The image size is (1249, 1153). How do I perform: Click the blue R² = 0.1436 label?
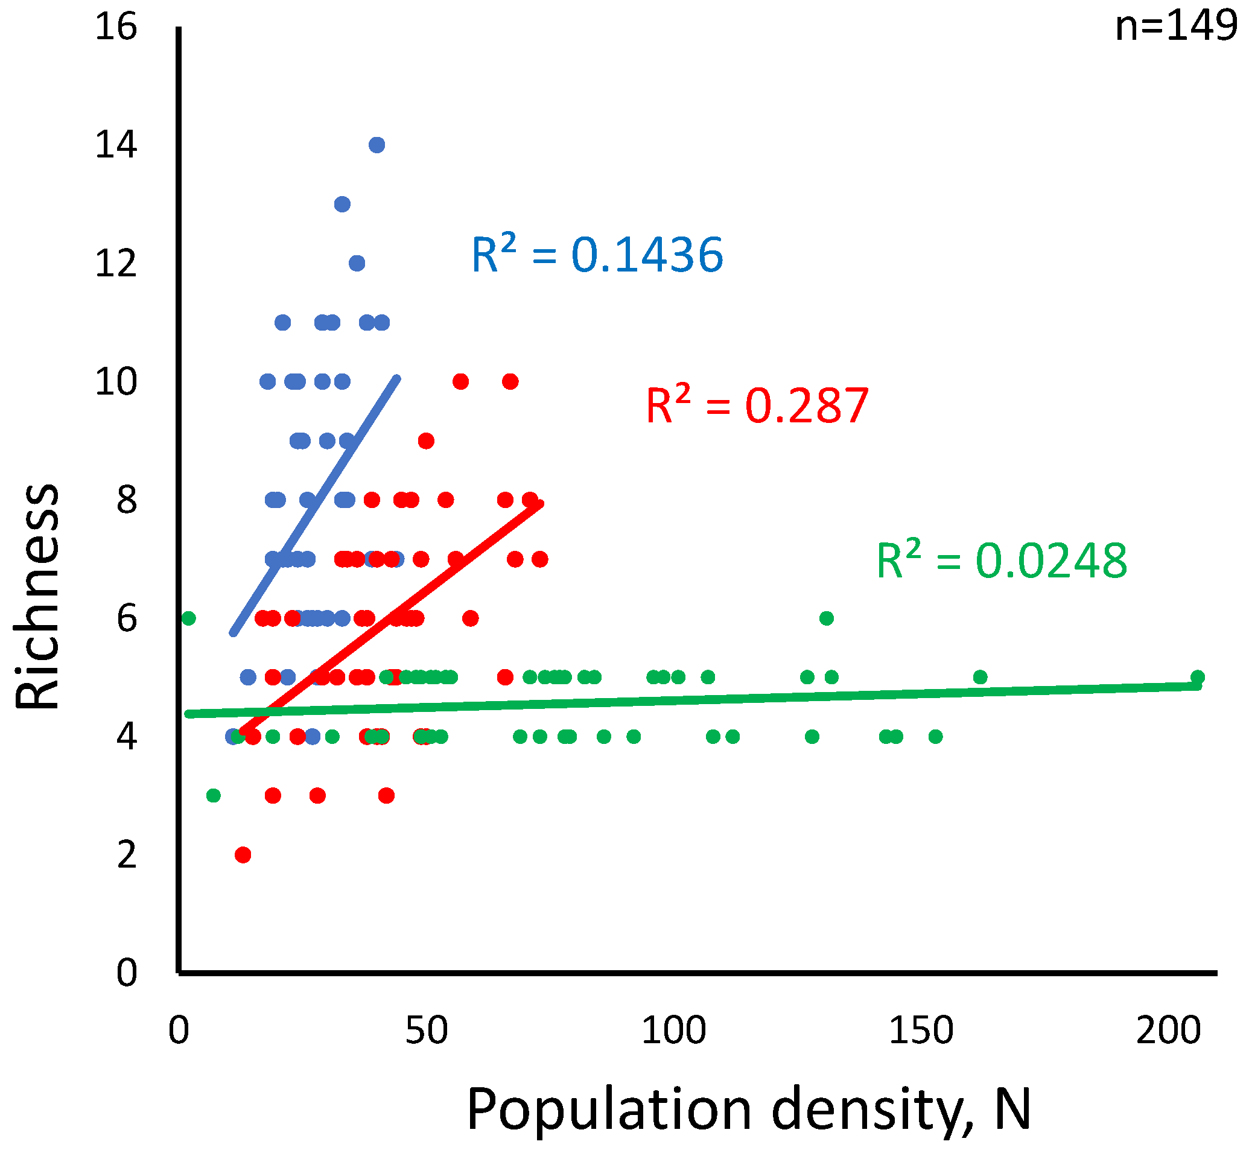(597, 255)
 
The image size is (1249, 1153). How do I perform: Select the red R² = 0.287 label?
(757, 405)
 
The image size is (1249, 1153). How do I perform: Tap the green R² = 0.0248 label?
(1002, 561)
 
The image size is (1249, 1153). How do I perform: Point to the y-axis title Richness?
(37, 597)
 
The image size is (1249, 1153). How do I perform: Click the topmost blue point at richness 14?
(377, 145)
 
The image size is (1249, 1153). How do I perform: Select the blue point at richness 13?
(343, 204)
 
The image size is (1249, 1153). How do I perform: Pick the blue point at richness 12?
(357, 263)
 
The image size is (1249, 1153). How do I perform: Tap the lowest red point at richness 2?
(243, 855)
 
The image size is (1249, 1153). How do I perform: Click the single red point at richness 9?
(426, 441)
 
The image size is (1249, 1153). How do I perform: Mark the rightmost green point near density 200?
(1197, 677)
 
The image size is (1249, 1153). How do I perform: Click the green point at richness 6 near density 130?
(827, 618)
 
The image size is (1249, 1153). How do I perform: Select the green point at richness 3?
(214, 795)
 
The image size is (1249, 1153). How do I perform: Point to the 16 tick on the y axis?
(116, 28)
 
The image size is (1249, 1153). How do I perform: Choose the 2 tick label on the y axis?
(127, 855)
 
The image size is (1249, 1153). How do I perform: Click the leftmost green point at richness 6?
(189, 618)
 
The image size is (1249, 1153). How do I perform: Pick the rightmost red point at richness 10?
(510, 382)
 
